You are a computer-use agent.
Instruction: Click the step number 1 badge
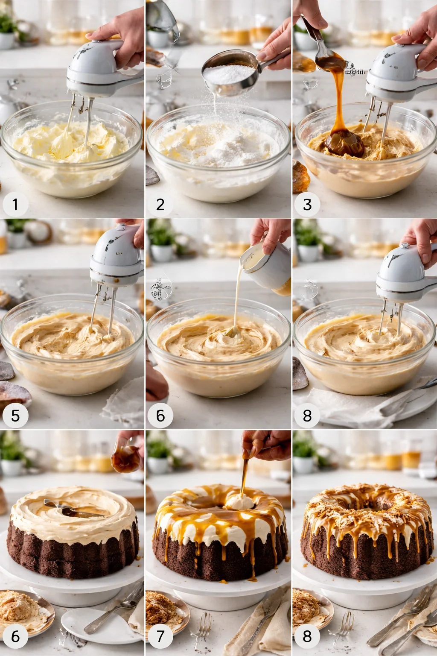[x=15, y=204]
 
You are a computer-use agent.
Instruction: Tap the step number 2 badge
[x=160, y=204]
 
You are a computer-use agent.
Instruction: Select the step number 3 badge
[x=307, y=204]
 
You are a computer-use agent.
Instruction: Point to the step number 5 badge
[x=15, y=415]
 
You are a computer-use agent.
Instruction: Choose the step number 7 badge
[x=160, y=636]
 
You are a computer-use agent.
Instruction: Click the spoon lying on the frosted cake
[x=68, y=508]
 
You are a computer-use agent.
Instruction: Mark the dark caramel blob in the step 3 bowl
[x=344, y=143]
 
